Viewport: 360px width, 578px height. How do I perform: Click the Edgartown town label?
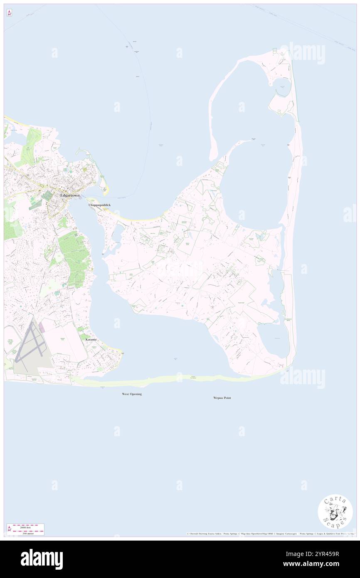click(x=70, y=195)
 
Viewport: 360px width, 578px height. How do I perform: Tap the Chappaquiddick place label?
click(x=99, y=205)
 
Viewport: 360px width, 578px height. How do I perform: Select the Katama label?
click(x=91, y=340)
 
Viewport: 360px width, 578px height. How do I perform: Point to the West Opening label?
click(x=132, y=394)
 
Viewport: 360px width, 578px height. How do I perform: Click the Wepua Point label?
click(x=222, y=398)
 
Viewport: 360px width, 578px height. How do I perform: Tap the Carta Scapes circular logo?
click(x=335, y=512)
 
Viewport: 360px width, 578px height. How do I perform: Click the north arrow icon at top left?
click(x=9, y=13)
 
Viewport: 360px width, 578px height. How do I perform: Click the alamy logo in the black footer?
click(x=42, y=559)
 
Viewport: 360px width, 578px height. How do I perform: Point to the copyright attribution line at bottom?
click(x=270, y=534)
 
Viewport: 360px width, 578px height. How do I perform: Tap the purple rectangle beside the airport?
click(x=42, y=328)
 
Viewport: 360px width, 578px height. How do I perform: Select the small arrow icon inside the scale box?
click(x=9, y=529)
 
